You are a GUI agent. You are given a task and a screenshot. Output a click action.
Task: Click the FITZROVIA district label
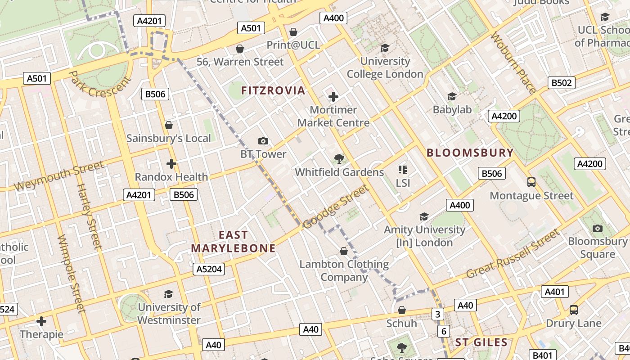pos(273,90)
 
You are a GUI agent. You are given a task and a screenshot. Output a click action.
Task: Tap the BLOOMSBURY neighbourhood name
pos(470,153)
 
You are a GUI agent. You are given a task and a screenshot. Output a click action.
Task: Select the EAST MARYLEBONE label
pos(233,242)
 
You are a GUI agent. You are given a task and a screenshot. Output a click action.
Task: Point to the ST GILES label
pos(481,342)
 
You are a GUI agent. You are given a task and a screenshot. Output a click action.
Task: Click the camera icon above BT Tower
pos(263,141)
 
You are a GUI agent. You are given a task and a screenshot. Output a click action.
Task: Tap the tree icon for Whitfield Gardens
pos(339,158)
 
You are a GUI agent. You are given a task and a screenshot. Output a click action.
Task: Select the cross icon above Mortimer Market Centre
pos(333,97)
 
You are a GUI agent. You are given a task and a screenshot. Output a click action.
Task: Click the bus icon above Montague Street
pos(531,182)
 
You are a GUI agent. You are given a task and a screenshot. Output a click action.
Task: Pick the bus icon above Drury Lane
pos(573,310)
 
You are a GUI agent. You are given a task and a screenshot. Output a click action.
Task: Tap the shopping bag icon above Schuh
pos(402,310)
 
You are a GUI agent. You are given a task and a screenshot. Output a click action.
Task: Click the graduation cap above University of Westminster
pos(169,294)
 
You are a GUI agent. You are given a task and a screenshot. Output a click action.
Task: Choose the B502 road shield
pos(562,83)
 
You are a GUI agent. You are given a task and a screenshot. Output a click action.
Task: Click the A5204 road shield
pos(209,269)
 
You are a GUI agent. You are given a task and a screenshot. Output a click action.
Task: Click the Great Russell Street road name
pos(513,254)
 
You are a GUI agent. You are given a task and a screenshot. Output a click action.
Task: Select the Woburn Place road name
pos(513,63)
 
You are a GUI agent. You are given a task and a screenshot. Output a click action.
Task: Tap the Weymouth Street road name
pos(59,176)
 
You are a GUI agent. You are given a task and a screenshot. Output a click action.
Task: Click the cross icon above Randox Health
pos(171,163)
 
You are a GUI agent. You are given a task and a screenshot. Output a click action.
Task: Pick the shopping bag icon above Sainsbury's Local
pos(169,125)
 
